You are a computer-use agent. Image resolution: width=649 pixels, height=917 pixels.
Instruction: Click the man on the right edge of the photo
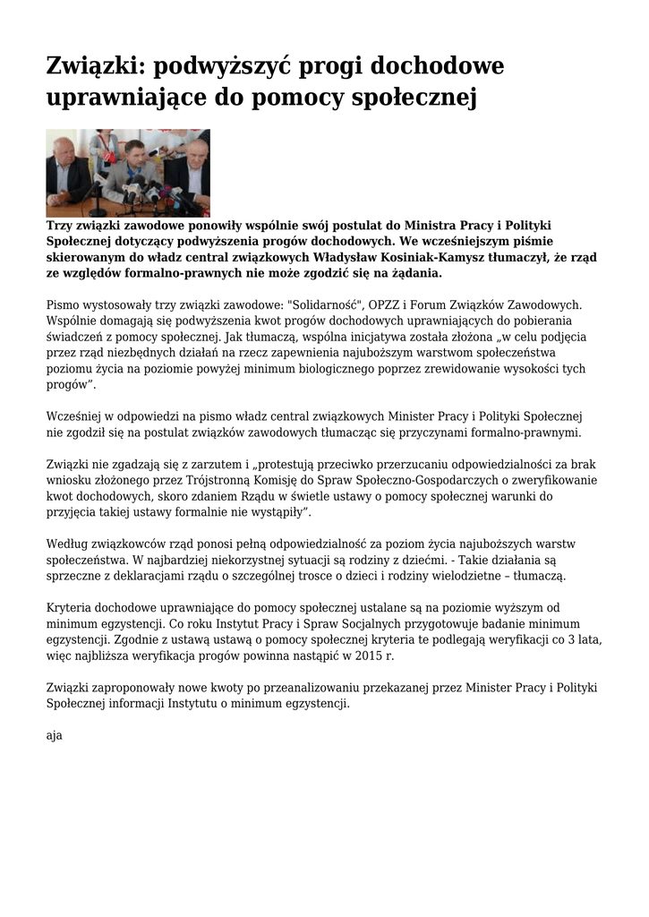pos(195,161)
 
